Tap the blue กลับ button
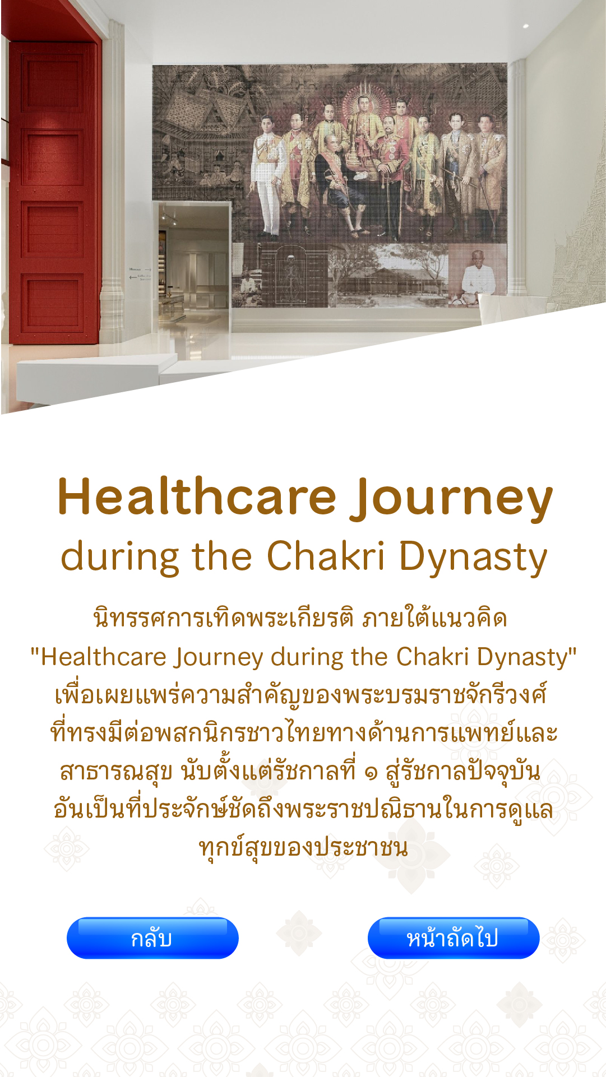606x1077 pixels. (x=152, y=937)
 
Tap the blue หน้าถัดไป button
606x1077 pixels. (x=453, y=937)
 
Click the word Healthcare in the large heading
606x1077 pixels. (x=197, y=496)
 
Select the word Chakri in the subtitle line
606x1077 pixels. (x=326, y=556)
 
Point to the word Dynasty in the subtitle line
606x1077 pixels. (x=473, y=559)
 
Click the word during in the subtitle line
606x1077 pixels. (x=119, y=559)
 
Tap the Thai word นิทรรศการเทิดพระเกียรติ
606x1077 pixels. (x=223, y=618)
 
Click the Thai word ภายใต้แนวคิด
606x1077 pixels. (x=435, y=618)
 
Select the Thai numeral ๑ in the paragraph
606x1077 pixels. (x=371, y=774)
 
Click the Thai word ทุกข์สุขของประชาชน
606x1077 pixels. (x=303, y=847)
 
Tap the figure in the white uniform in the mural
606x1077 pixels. (x=267, y=177)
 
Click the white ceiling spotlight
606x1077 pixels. (x=526, y=26)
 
